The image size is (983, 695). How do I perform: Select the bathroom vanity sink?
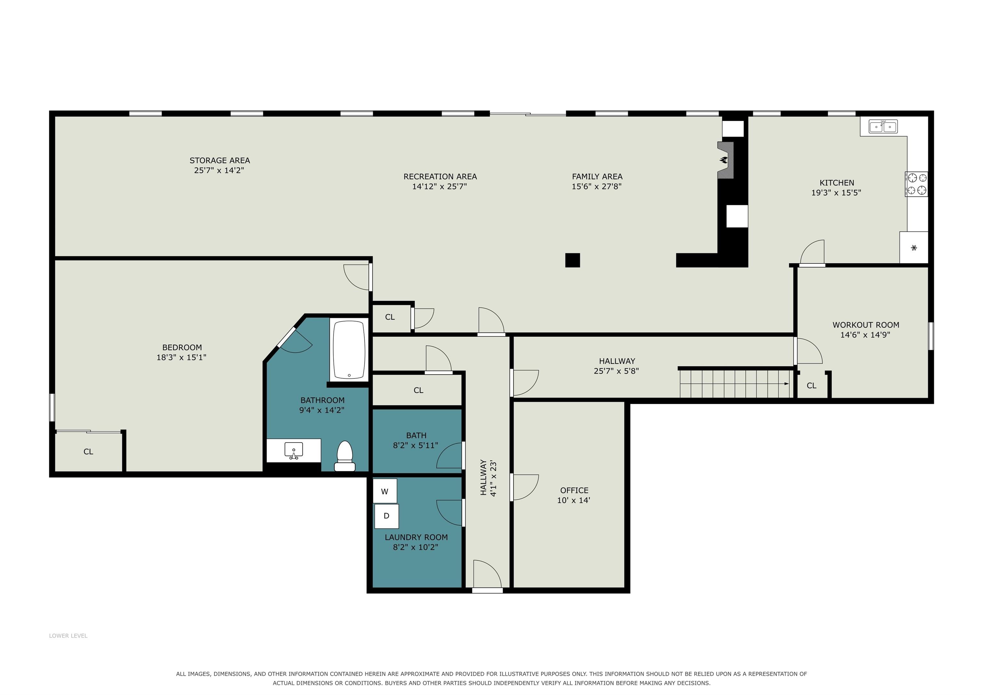coord(294,450)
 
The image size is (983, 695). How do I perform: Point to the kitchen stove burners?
coord(917,184)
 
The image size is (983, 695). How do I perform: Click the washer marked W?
coord(385,491)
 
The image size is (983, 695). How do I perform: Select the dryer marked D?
coord(387,516)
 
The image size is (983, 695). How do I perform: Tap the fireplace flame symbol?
coord(723,160)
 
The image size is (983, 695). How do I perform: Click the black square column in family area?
coord(572,260)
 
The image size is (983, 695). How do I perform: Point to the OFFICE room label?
coord(574,490)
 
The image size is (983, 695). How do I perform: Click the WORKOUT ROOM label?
coord(866,325)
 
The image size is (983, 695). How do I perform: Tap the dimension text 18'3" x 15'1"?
coord(181,357)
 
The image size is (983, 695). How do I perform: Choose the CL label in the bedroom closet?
coord(88,451)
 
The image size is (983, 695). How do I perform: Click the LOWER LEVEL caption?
coord(68,635)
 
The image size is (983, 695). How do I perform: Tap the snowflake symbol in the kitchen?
coord(914,248)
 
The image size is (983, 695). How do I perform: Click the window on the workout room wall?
coord(931,336)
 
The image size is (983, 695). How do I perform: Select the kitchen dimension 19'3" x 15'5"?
coord(836,193)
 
